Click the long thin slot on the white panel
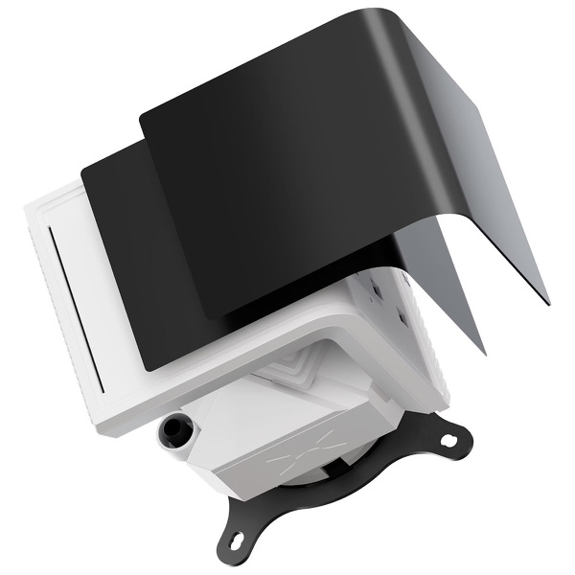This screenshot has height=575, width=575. coord(52,287)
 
